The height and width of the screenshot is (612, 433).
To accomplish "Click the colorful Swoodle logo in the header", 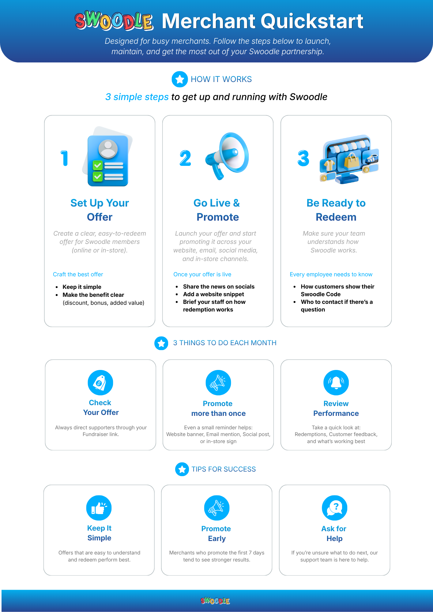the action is [114, 21].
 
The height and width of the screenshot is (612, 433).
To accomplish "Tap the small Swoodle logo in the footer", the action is [215, 601].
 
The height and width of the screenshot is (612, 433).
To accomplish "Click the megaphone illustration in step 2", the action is [227, 156].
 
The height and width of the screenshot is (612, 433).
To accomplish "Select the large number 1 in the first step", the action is [64, 158].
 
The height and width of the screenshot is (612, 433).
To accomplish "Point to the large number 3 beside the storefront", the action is [303, 158].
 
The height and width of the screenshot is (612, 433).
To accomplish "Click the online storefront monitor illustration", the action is [349, 159].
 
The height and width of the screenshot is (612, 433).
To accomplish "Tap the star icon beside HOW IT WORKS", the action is [180, 79].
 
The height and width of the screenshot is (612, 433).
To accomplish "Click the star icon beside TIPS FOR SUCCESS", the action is [182, 469].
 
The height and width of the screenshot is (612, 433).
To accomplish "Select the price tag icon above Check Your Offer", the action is [100, 383].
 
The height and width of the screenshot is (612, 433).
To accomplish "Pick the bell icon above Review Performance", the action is [336, 383].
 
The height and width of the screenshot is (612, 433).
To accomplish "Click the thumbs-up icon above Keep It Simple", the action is [99, 508].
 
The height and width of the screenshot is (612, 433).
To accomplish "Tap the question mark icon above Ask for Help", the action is [335, 508].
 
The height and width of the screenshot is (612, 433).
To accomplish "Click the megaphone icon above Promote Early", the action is [217, 508].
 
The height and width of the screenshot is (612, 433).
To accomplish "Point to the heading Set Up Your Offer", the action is [100, 210].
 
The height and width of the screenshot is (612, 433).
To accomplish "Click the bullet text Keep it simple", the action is [82, 287].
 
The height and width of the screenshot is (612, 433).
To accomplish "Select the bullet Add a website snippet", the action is [213, 294].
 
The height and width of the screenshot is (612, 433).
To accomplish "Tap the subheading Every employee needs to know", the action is [331, 274].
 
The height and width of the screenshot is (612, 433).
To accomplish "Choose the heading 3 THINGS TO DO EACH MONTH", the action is [225, 343].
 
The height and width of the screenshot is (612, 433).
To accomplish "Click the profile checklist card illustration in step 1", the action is [107, 157].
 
